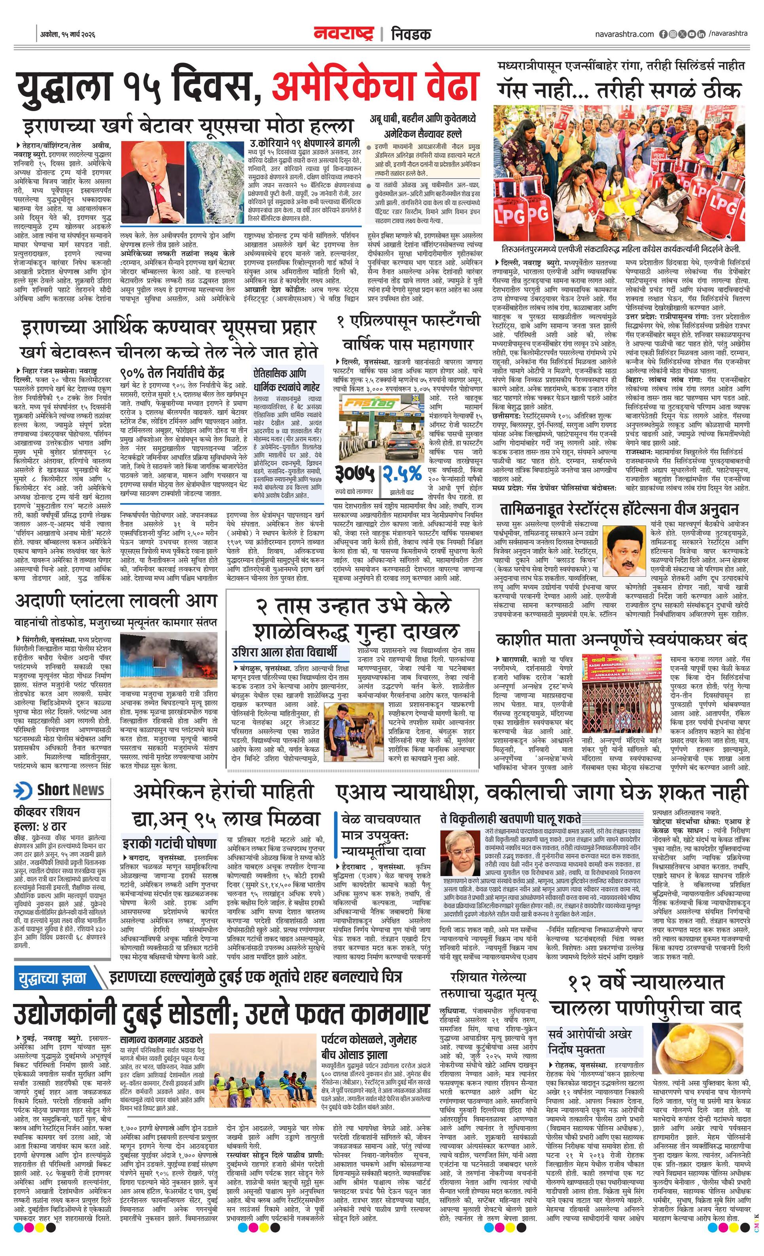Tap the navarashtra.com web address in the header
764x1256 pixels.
tap(624, 34)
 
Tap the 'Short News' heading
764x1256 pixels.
tap(70, 790)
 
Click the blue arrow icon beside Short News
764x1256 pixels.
tap(23, 790)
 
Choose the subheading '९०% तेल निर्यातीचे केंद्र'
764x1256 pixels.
tap(172, 372)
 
